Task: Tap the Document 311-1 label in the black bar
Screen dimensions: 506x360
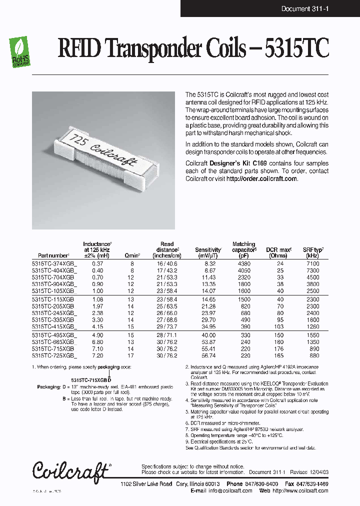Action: tap(304, 8)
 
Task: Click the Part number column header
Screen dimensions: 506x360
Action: tap(53, 255)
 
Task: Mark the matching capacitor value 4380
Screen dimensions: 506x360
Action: tap(244, 263)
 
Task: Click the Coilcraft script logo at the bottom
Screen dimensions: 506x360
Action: tap(70, 470)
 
